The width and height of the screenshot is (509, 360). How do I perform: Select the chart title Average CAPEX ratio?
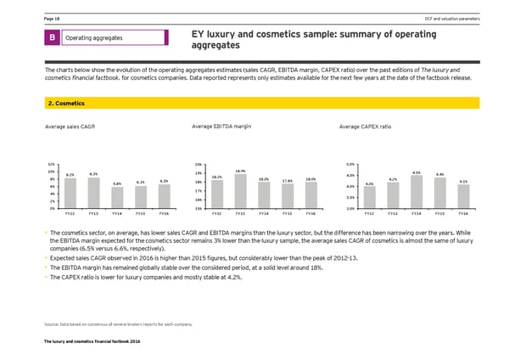tap(365, 127)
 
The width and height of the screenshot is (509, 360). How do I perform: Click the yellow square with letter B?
tap(52, 38)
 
